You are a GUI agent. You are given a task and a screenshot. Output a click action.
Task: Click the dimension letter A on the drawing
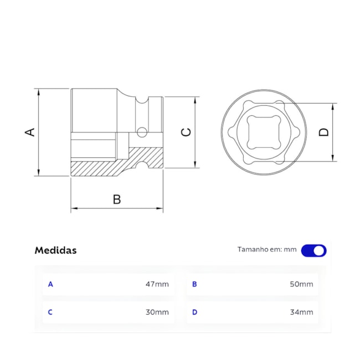[x=30, y=132]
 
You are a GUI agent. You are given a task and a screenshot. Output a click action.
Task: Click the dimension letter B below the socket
[x=117, y=199]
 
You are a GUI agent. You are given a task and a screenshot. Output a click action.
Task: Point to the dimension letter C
[x=187, y=132]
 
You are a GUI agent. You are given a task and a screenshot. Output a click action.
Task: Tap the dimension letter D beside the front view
[x=324, y=132]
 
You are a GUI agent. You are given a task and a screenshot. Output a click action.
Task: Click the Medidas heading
[x=55, y=250]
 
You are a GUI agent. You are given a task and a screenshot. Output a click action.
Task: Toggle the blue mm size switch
[x=313, y=250]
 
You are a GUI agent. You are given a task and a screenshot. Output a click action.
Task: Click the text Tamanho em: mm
[x=267, y=250]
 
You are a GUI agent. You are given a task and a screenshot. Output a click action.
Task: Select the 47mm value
[x=157, y=284]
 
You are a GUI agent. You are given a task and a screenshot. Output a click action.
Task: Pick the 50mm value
[x=301, y=284]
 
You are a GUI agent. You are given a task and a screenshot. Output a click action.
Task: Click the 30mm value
[x=157, y=312]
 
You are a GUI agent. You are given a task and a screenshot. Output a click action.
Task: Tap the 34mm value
[x=301, y=312]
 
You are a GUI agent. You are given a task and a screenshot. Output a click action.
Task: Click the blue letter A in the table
[x=50, y=284]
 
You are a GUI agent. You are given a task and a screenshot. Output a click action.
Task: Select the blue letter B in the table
[x=194, y=284]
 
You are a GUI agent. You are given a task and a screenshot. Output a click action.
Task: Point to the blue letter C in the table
[x=50, y=312]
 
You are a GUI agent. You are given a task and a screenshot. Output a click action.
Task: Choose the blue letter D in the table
[x=194, y=312]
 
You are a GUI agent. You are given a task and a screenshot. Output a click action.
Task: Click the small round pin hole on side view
[x=142, y=132]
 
